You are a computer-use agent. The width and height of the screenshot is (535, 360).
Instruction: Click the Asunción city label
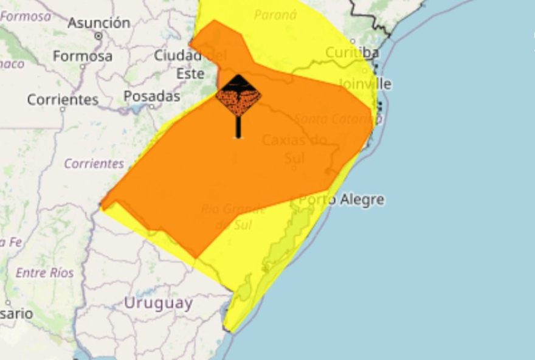98,23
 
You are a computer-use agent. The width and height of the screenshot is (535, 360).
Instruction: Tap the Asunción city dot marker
98,36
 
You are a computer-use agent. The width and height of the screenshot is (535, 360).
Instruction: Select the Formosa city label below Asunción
83,57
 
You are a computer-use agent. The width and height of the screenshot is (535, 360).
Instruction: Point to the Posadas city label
152,96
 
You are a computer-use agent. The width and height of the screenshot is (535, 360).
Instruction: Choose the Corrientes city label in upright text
63,100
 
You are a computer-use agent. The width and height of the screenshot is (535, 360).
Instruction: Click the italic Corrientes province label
94,164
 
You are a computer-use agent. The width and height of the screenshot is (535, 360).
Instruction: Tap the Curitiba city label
352,52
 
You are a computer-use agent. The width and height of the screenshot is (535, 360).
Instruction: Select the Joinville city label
365,83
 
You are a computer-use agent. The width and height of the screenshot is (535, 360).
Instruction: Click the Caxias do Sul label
295,149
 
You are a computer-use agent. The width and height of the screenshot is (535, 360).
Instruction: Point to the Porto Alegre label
342,199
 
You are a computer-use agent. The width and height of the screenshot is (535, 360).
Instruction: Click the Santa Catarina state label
337,119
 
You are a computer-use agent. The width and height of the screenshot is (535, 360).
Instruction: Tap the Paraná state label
275,15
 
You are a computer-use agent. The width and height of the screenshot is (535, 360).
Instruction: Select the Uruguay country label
158,303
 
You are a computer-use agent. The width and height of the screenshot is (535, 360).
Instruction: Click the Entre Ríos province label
44,272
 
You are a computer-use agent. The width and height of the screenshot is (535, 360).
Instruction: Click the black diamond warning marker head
238,95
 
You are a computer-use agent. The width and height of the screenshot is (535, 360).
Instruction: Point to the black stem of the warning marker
238,126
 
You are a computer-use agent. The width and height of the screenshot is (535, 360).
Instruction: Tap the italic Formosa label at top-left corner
26,16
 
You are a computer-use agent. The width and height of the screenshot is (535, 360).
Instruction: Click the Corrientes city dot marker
63,110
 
